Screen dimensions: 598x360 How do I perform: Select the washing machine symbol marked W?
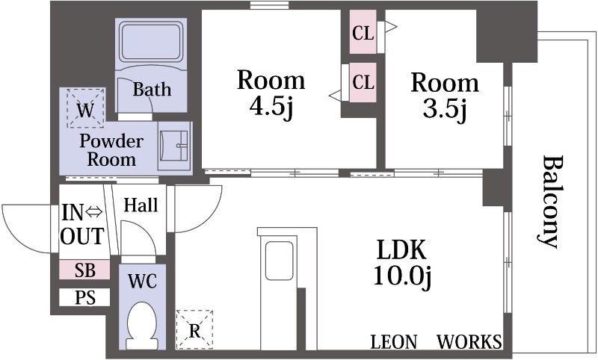(85, 108)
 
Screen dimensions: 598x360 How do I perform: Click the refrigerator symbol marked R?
(194, 329)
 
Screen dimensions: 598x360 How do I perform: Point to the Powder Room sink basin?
(174, 146)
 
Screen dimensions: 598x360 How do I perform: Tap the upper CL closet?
(363, 32)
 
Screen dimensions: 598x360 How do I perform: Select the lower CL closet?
(363, 82)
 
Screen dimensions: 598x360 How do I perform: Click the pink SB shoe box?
(84, 270)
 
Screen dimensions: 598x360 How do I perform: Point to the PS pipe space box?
(84, 297)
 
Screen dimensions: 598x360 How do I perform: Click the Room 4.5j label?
(271, 93)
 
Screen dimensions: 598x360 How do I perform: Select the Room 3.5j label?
(445, 96)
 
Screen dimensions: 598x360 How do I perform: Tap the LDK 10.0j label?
(402, 263)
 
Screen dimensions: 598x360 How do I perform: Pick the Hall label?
(141, 205)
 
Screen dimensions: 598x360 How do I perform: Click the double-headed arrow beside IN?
(93, 212)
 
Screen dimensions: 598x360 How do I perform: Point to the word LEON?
(394, 342)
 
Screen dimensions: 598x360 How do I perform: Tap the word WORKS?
(469, 342)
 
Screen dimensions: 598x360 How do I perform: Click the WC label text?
(142, 282)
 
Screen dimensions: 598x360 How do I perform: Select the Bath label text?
(152, 90)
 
